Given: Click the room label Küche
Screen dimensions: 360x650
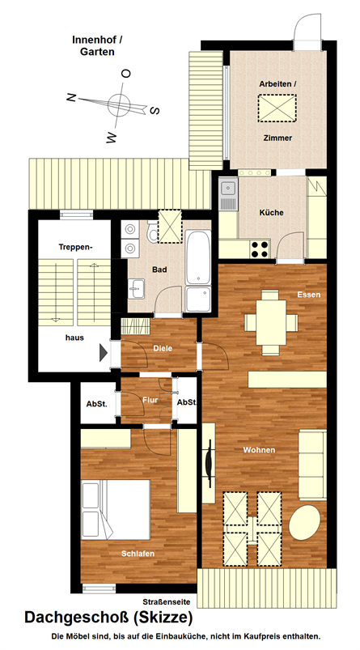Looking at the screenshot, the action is tap(271, 213).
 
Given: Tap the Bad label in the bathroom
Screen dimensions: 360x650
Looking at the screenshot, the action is tap(159, 270).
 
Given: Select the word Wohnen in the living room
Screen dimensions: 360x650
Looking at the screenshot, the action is tap(259, 450).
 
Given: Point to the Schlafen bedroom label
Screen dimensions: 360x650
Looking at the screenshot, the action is tap(138, 554).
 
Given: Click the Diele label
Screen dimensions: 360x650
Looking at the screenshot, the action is tap(163, 348).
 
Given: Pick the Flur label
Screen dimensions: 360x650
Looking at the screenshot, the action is tap(150, 400).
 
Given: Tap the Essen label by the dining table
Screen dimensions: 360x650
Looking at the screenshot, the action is tap(309, 295).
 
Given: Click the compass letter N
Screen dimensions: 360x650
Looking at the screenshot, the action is tap(71, 98).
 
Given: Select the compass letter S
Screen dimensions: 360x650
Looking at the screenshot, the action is tap(155, 110).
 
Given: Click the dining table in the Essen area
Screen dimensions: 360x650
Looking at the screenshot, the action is tap(271, 322).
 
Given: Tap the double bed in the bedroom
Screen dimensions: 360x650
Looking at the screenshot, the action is tap(116, 509).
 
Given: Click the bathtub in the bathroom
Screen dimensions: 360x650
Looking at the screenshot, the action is tap(198, 257).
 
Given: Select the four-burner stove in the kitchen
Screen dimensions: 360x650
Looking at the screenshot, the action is tap(260, 249).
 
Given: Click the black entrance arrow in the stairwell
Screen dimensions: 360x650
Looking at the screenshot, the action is tap(104, 352).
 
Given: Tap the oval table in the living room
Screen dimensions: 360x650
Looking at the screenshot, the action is tap(304, 522).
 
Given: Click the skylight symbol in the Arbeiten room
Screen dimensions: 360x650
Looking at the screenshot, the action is tap(277, 108).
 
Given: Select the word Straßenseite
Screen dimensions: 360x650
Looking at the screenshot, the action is tap(167, 601).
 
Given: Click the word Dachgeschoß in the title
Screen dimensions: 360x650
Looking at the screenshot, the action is tap(77, 618).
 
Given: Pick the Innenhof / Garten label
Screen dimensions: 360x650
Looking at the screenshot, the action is tap(97, 45).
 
